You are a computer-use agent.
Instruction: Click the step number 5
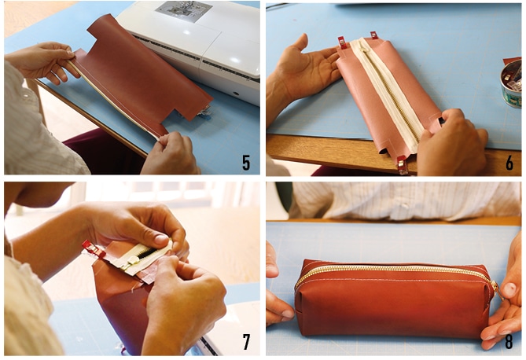coord(246,162)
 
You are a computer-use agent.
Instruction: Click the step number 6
coord(509,162)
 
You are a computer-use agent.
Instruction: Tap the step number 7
coord(246,341)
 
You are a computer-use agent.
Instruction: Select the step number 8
coord(509,341)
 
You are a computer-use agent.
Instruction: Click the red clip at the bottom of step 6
coord(403,163)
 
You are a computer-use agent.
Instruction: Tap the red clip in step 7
coord(94,249)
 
